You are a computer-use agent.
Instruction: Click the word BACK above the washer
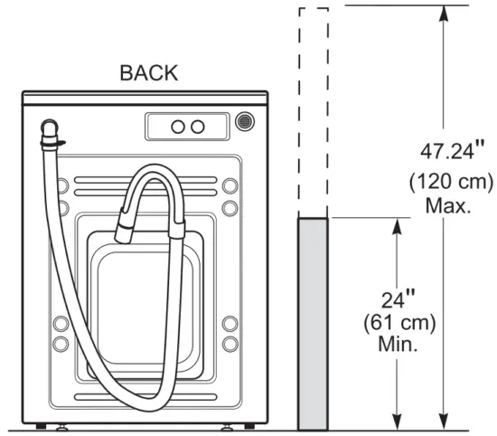tap(149, 74)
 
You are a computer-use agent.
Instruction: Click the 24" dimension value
tap(398, 297)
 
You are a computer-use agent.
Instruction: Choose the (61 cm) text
tap(399, 321)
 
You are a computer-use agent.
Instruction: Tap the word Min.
tap(398, 345)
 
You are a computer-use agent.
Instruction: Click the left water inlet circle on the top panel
tap(178, 126)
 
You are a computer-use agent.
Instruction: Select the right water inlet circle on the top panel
tap(199, 126)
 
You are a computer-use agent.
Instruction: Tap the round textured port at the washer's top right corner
tap(244, 121)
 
